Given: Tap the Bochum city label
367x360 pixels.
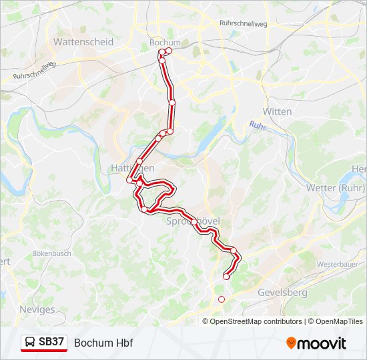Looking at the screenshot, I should coord(165,42).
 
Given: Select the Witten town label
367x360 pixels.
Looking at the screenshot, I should coord(277,111).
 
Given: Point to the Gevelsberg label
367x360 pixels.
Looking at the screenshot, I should coord(282,293).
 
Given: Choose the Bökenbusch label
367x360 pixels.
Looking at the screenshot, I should coord(51,254).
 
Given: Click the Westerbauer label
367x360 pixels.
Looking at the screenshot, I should coord(338,264).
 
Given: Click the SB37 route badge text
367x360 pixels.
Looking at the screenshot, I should coord(51,342).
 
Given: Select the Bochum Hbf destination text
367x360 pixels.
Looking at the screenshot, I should coord(103,343).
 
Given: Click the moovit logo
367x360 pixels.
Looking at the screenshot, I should coord(316,343).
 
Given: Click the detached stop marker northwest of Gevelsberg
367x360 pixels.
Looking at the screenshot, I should coord(222,299).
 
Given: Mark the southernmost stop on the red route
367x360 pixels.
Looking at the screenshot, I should coord(226,277).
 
